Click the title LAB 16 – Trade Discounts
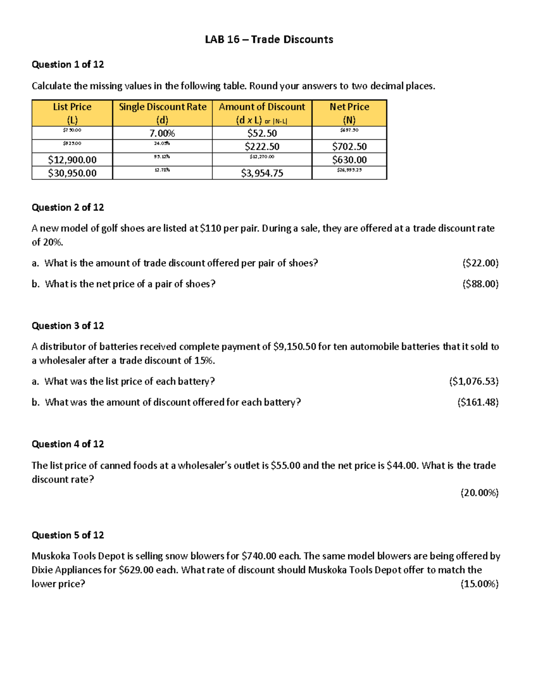[x=269, y=39]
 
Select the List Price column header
[x=72, y=113]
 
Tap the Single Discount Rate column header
[x=162, y=113]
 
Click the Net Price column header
[x=349, y=113]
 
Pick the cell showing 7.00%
[x=162, y=133]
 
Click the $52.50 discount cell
[x=262, y=133]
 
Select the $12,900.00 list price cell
[x=72, y=160]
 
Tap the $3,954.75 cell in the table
[x=262, y=173]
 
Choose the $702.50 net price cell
[x=349, y=147]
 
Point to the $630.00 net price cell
[x=349, y=160]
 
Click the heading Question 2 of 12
[x=68, y=208]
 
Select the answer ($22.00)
[x=480, y=263]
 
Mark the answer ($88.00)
[x=480, y=284]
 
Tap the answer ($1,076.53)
[x=474, y=381]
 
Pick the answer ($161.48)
[x=477, y=402]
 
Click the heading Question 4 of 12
[x=68, y=444]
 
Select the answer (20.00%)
[x=479, y=493]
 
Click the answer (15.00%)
[x=479, y=584]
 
